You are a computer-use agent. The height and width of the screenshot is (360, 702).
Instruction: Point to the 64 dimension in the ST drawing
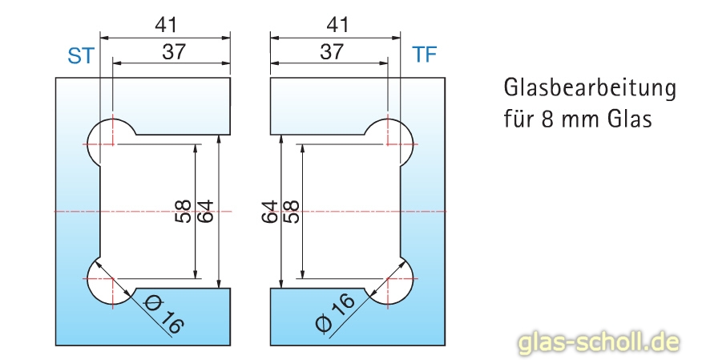coord(205,212)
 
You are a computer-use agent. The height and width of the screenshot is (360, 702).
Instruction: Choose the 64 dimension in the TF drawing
coord(270,212)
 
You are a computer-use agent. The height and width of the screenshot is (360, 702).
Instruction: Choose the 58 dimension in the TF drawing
coord(291,212)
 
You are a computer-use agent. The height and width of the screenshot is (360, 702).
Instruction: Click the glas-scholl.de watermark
coord(599,342)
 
